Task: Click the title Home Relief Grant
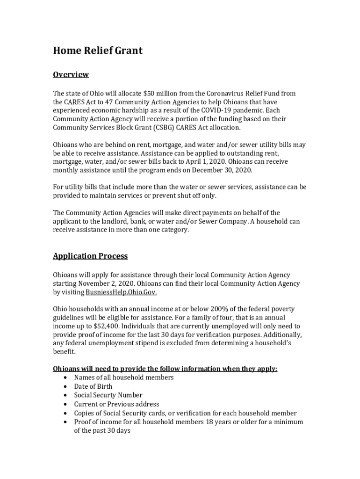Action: point(98,51)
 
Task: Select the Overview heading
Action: point(71,75)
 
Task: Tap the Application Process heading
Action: point(90,256)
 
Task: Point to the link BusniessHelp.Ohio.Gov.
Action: point(121,292)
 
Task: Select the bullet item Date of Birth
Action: point(93,386)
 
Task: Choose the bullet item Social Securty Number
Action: point(108,395)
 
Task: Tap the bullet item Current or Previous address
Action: point(116,404)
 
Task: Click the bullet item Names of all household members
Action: point(124,377)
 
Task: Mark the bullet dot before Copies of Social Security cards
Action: point(65,414)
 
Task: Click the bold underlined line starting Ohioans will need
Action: point(165,369)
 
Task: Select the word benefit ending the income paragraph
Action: point(64,352)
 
